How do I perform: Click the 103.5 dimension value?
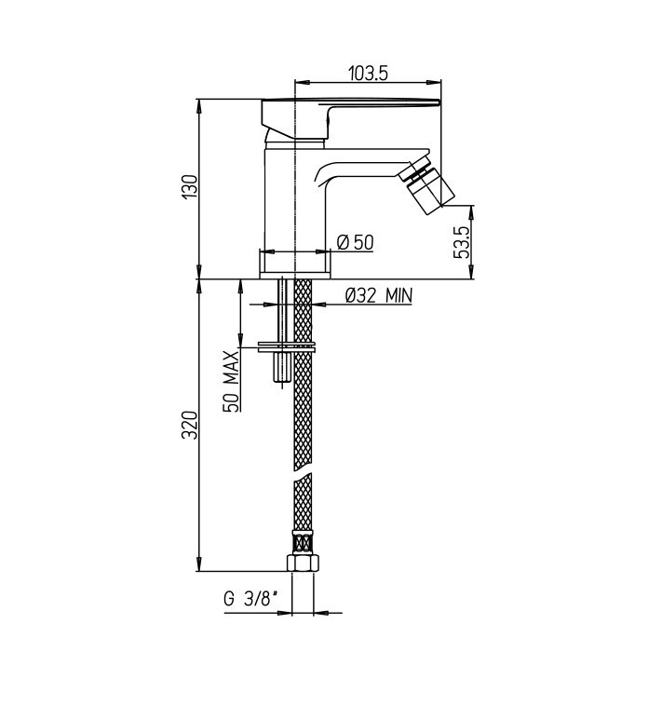point(368,73)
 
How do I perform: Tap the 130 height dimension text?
point(191,186)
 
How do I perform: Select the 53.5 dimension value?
point(462,242)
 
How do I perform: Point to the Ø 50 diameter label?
point(355,243)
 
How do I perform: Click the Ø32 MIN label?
point(378,295)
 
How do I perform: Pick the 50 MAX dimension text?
point(232,381)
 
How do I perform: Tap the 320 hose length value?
point(190,425)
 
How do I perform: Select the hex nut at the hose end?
point(303,563)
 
